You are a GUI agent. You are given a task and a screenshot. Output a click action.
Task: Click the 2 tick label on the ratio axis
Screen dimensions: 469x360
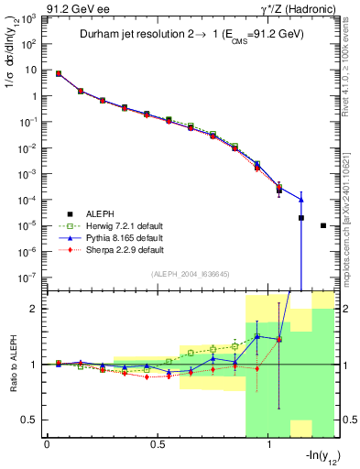pyautogui.click(x=34, y=310)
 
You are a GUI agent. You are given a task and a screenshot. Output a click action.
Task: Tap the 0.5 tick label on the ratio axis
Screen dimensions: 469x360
pyautogui.click(x=29, y=420)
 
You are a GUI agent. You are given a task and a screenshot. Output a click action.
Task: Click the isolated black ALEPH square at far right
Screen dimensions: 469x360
pyautogui.click(x=323, y=225)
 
